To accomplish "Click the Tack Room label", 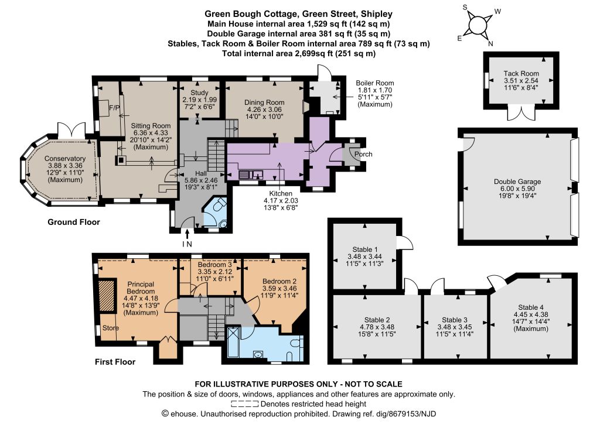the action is pos(521,73).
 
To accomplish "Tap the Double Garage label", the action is pos(517,182).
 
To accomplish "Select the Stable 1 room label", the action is pos(364,249).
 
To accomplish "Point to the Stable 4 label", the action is pos(531,307).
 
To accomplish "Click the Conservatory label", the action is pos(64,159).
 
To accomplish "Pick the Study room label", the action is pos(199,93).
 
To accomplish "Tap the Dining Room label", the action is pos(264,102).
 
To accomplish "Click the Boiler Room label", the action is pos(374,83).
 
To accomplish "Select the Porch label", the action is pos(363,154).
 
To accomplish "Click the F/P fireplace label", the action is pos(114,108).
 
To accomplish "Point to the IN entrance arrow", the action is pos(187,234).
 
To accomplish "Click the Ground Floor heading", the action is pos(73,222).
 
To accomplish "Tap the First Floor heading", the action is pos(115,362).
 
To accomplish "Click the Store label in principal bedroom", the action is pos(110,328).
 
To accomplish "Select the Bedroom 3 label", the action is pos(214,265).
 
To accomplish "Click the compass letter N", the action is pos(490,43).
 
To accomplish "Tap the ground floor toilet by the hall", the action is pos(219,207).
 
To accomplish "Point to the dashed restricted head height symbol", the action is pos(244,404).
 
